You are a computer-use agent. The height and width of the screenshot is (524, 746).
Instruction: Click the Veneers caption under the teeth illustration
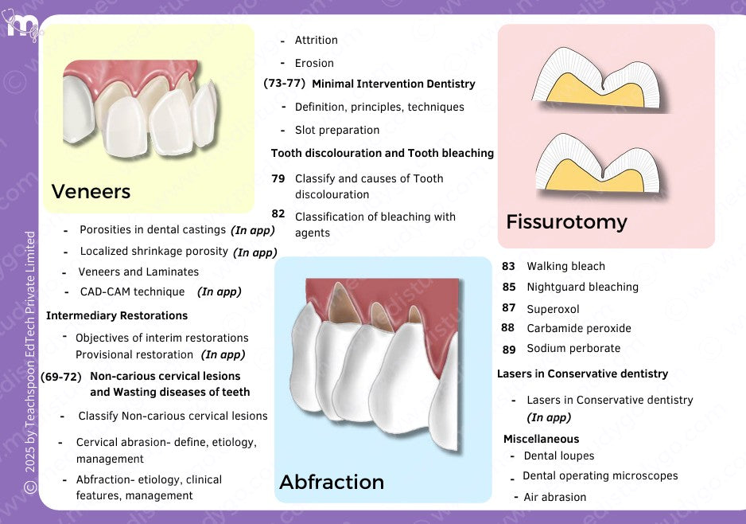tap(91, 191)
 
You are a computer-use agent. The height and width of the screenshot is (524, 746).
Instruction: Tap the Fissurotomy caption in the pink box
tap(566, 221)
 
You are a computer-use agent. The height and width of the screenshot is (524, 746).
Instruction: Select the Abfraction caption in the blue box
tap(332, 482)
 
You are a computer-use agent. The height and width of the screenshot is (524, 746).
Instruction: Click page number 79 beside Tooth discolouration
tap(278, 178)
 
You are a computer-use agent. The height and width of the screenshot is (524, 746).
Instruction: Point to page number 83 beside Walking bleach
tap(509, 266)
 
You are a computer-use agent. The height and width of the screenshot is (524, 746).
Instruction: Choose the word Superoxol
tap(553, 308)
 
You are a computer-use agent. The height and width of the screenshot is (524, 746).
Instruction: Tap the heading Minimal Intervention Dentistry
tap(393, 84)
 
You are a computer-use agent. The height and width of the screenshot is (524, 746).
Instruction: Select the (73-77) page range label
tap(285, 83)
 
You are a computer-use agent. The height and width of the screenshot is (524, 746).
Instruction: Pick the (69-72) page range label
tap(61, 377)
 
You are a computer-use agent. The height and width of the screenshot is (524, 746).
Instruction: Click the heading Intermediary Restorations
tap(117, 315)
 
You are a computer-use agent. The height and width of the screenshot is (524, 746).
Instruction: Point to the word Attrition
tap(316, 40)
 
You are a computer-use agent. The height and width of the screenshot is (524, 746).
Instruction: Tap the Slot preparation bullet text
tap(337, 130)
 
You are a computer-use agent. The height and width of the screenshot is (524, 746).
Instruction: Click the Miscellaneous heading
tap(541, 439)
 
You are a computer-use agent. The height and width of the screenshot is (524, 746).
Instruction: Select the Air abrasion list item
tap(554, 497)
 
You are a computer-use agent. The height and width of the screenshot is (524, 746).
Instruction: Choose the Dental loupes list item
tap(558, 456)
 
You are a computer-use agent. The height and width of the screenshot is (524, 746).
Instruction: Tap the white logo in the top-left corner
tap(21, 24)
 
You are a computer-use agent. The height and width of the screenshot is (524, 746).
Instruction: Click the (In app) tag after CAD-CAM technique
tap(219, 291)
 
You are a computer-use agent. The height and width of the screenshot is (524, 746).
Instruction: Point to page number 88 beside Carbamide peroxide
tap(508, 327)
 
